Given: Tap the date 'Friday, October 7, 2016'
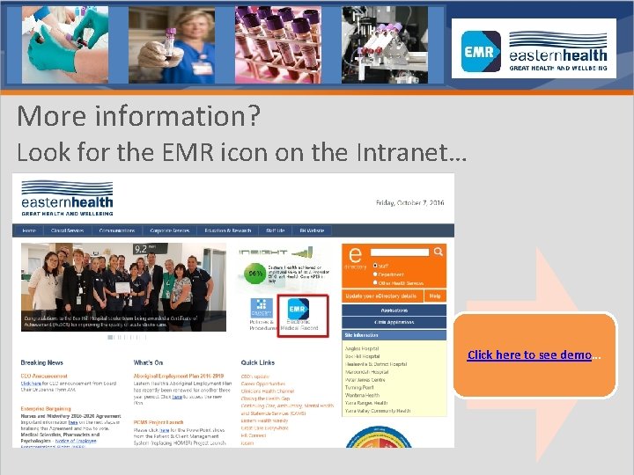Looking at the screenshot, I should pyautogui.click(x=410, y=202).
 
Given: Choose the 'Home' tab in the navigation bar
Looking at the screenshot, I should pyautogui.click(x=29, y=230).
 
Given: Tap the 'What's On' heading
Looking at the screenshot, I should pyautogui.click(x=148, y=362).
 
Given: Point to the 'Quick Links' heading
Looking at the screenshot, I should pyautogui.click(x=257, y=362).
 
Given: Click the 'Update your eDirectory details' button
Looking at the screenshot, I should pyautogui.click(x=382, y=296).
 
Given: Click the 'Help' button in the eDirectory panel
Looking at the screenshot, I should pyautogui.click(x=435, y=296).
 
